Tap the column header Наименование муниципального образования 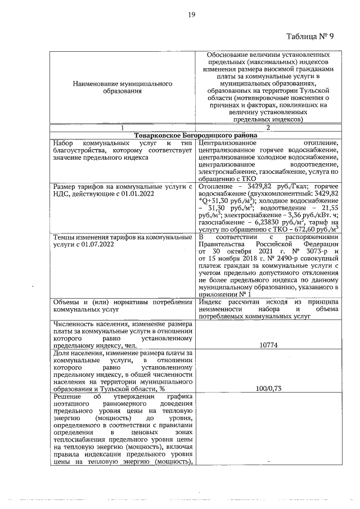pyautogui.click(x=122, y=87)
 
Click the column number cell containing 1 pyautogui.click(x=122, y=128)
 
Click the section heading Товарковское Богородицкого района pyautogui.click(x=196, y=136)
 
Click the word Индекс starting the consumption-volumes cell pyautogui.click(x=210, y=302)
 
